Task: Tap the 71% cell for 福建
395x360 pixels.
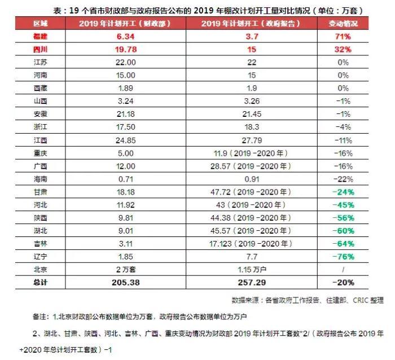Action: pos(340,37)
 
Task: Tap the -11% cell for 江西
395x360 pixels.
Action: pos(340,140)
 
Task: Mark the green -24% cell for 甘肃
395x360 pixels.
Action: pos(340,192)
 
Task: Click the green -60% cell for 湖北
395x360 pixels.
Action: pos(340,230)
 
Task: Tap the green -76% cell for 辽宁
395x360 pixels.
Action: pos(340,256)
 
